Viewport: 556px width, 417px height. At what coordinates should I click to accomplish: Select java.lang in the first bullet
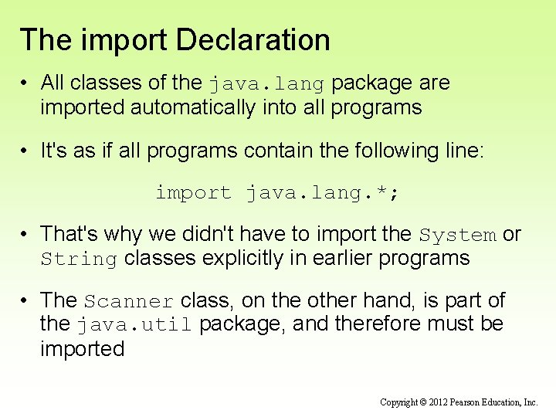tap(270, 83)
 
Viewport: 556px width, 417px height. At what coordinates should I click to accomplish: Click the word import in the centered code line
tap(193, 192)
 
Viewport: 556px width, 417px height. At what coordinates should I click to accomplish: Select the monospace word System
tap(458, 235)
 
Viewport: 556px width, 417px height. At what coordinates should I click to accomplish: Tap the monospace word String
tap(79, 259)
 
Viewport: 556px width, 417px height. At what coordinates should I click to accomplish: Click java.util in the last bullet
tap(135, 325)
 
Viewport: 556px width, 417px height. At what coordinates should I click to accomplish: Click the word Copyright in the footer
tap(399, 402)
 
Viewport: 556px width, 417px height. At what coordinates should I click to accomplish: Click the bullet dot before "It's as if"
tap(26, 151)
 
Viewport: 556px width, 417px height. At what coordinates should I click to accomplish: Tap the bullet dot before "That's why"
tap(26, 234)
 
